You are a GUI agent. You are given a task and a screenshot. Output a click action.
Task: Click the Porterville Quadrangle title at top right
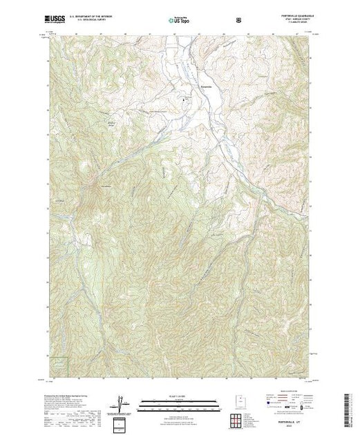[293, 17]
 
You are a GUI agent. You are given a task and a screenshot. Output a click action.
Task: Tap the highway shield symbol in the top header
[239, 20]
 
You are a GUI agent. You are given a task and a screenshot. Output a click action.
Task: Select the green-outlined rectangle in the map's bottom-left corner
[61, 367]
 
